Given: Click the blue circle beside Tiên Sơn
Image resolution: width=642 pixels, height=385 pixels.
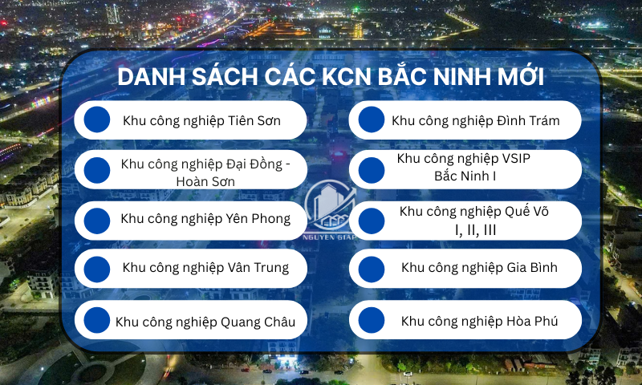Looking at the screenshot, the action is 97,120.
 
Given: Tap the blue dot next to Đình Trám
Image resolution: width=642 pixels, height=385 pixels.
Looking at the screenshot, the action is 372,120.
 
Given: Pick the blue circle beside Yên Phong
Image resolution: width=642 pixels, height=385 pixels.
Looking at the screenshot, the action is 97,221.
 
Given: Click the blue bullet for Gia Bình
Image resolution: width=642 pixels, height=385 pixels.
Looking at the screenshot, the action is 372,269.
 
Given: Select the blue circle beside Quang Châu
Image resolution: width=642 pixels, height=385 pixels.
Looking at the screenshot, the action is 97,320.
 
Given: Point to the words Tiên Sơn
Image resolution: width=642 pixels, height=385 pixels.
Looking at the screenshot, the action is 254,120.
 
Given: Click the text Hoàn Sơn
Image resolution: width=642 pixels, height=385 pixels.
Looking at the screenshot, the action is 205,181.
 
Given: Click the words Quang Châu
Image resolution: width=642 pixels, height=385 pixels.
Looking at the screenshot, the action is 258,322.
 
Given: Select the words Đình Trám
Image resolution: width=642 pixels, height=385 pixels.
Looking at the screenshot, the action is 528,120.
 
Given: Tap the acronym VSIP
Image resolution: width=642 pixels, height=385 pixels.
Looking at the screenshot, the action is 514,158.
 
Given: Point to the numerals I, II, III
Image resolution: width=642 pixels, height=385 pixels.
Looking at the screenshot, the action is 475,230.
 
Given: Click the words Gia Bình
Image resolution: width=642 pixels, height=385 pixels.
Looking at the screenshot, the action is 532,267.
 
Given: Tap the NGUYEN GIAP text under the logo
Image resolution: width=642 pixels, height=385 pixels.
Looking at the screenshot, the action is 330,237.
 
